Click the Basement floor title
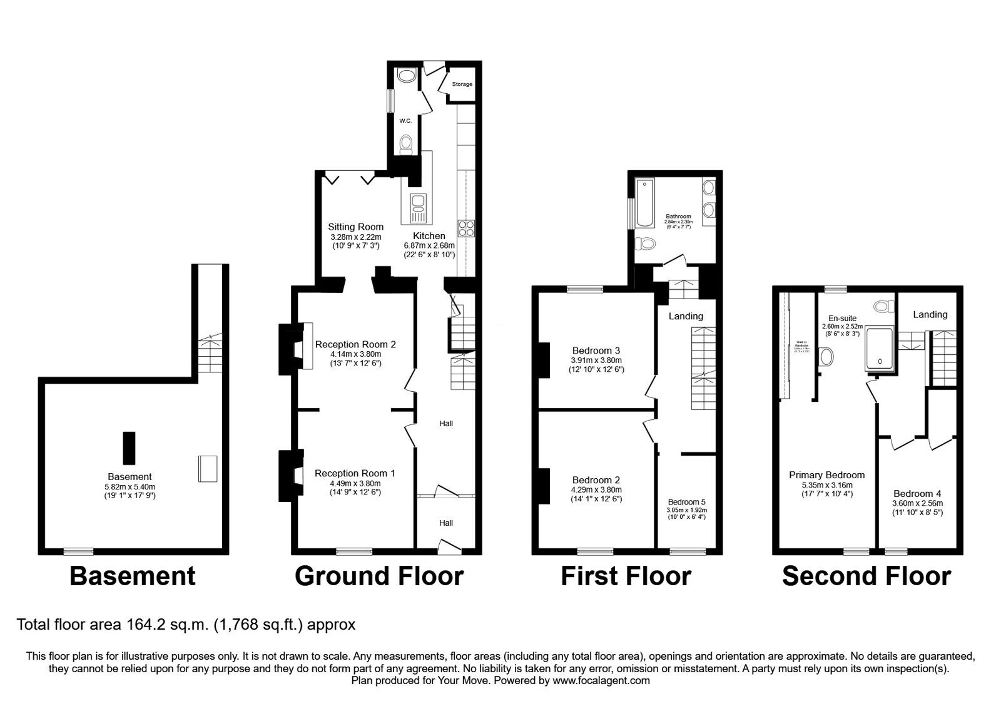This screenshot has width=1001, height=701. coord(132,576)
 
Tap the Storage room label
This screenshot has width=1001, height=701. coord(462,84)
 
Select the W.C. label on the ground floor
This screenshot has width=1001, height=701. coord(405,121)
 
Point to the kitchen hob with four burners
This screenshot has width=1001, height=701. coord(467,228)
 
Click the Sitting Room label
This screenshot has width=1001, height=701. coord(355,227)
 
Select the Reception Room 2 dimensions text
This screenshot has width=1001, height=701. coord(355,359)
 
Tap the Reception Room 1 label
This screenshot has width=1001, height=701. coord(355,473)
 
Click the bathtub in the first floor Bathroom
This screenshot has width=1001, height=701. coord(644,203)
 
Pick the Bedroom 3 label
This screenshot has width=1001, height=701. coord(596,350)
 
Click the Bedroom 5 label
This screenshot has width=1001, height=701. coord(686,502)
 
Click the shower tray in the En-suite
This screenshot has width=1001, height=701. coord(880,347)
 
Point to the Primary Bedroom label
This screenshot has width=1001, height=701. coord(826,475)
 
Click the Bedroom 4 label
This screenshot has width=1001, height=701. coord(917,493)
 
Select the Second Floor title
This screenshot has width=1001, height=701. coord(866,576)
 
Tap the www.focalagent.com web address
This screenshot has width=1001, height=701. coord(601,680)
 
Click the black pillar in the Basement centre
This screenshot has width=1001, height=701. coord(129,448)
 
